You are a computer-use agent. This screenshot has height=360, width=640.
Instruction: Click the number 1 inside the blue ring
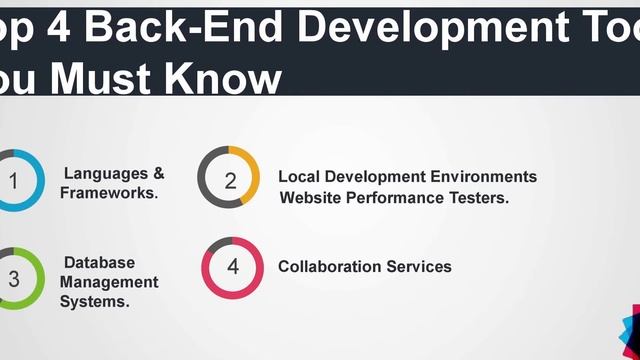pos(13,181)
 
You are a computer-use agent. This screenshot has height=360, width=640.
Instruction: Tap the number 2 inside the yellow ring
pos(230,181)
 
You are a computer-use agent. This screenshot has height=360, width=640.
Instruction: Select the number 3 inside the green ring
pos(13,279)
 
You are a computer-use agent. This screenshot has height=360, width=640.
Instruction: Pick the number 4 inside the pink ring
pos(233,267)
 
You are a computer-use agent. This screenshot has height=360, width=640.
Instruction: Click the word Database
pos(99,262)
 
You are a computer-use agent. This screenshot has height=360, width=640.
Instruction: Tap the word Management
pos(109,281)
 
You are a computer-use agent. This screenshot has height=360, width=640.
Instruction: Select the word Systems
pos(94,300)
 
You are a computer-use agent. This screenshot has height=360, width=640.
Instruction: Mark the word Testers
pos(478,197)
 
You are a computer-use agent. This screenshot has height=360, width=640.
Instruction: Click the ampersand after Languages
pos(159,174)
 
